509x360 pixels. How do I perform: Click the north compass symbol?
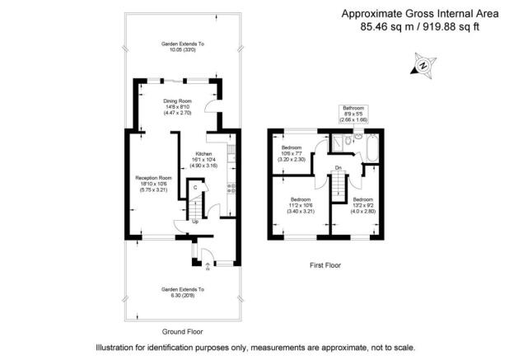tap(423, 64)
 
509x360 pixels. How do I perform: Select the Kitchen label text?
tap(203, 154)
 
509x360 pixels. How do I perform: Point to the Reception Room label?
tap(154, 177)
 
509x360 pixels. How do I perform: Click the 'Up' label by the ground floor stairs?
tap(195, 221)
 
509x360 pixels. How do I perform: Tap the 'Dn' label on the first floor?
tap(338, 168)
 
